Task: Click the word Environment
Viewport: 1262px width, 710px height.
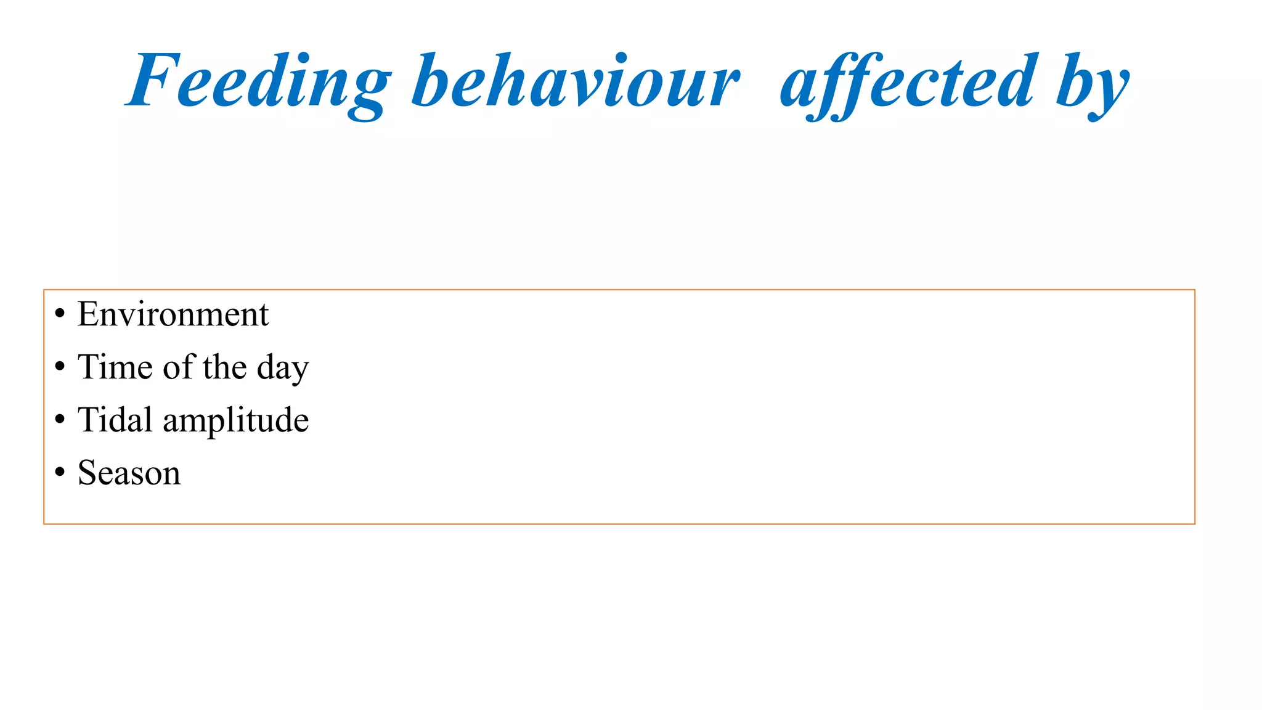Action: (x=173, y=314)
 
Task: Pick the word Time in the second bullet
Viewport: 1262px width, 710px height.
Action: (x=115, y=367)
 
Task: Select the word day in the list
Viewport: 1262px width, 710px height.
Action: (x=283, y=368)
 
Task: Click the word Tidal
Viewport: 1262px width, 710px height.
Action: (x=115, y=420)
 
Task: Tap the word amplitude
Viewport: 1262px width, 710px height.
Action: (x=236, y=421)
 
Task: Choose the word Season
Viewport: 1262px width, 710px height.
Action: (x=129, y=473)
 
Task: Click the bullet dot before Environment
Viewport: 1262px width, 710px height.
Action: (x=60, y=314)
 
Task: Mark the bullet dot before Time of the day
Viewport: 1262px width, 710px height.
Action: (x=60, y=367)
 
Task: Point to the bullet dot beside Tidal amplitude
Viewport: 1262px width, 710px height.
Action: (x=60, y=420)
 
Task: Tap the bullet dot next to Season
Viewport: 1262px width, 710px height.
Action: (x=60, y=473)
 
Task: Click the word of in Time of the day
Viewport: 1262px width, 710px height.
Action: (x=178, y=367)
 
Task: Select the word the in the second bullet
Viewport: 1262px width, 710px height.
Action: (x=225, y=367)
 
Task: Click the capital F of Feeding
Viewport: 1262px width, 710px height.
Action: (x=151, y=80)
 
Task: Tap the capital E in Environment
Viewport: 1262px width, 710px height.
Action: (x=89, y=314)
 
